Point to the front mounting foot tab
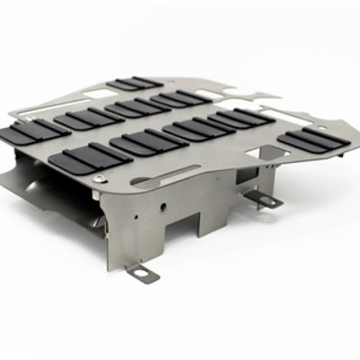pos(143,271)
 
